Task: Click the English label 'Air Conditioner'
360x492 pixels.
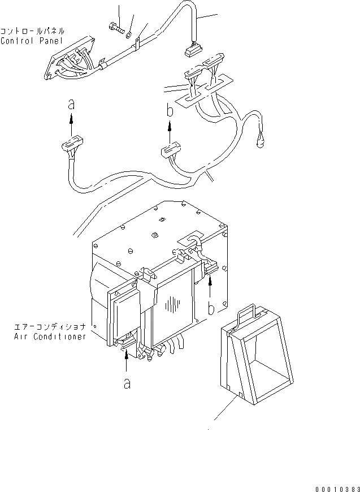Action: tap(50, 336)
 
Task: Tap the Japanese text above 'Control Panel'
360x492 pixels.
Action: tap(32, 31)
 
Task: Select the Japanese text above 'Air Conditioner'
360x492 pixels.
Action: tap(51, 327)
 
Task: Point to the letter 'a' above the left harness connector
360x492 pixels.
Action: tap(71, 103)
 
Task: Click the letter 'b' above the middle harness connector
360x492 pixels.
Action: tap(170, 111)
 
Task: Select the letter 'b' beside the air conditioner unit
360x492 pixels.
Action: tap(210, 308)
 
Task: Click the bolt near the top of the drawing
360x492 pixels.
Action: tap(115, 28)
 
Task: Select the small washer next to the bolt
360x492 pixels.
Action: tap(129, 34)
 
